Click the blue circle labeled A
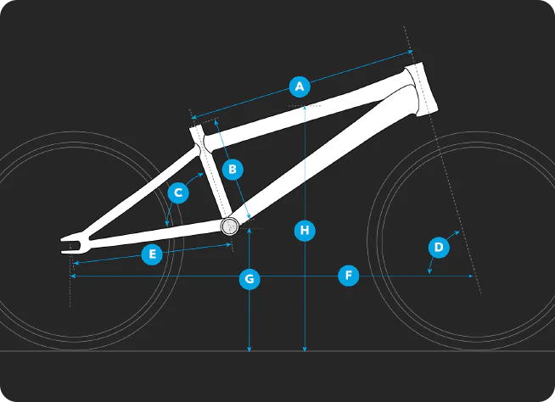(x=300, y=87)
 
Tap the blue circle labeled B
(x=233, y=169)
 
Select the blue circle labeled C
(x=178, y=193)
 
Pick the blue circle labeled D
(x=439, y=247)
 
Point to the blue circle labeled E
(x=152, y=254)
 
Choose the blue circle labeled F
(x=349, y=276)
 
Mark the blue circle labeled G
(x=249, y=279)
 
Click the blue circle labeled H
(x=305, y=231)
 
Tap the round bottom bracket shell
(x=230, y=226)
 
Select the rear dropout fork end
(x=76, y=243)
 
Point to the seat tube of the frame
(x=211, y=173)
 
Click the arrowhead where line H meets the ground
(x=305, y=349)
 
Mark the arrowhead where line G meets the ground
(x=249, y=349)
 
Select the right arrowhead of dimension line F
(x=471, y=276)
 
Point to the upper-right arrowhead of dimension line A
(x=411, y=52)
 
